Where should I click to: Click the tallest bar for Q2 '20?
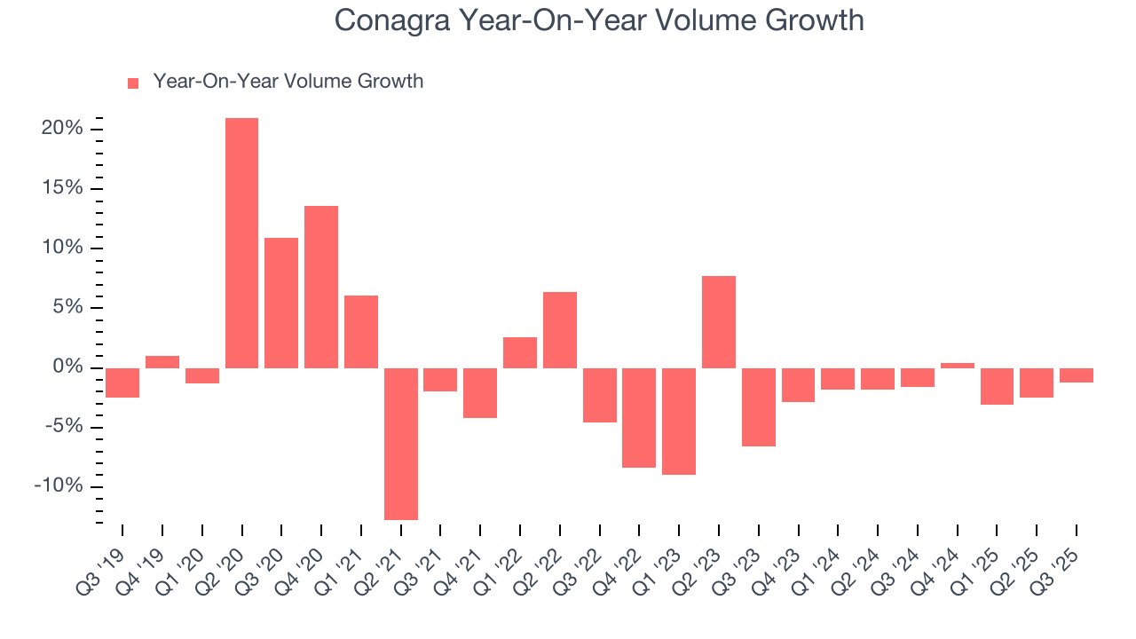[241, 242]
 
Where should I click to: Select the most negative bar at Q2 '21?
[400, 444]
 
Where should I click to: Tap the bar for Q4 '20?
[321, 287]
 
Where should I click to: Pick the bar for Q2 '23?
[718, 322]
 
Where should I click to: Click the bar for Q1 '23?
[679, 422]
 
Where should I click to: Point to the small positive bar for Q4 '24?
[957, 365]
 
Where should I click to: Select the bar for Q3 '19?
[122, 383]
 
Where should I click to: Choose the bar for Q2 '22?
[560, 330]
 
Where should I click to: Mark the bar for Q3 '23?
[758, 407]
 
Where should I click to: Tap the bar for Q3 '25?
[1076, 375]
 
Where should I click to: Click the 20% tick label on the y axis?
[62, 129]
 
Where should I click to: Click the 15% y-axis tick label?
[62, 188]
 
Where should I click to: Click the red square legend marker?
[133, 83]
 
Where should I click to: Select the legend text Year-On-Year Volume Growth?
[288, 82]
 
